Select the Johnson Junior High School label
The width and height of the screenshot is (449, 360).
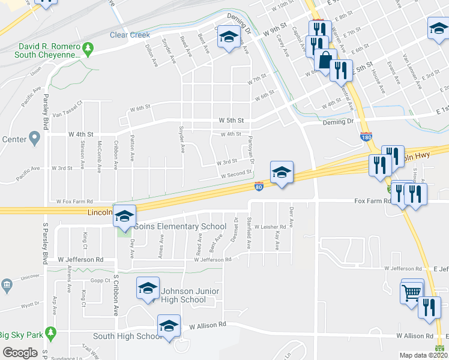(x=183, y=295)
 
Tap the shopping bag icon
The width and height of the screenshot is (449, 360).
(x=325, y=61)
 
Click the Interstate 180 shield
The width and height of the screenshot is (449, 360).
(x=367, y=137)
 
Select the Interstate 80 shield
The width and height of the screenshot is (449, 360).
(x=259, y=187)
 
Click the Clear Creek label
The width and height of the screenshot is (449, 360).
(x=130, y=35)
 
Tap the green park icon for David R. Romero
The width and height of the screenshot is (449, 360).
(x=88, y=47)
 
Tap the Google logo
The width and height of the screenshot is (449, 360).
(x=20, y=352)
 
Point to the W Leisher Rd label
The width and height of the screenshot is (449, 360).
(x=269, y=227)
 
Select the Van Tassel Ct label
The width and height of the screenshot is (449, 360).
(x=66, y=113)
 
